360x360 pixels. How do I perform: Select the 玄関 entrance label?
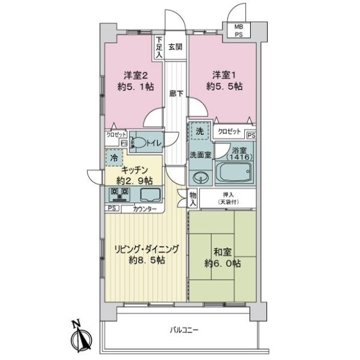point(175,48)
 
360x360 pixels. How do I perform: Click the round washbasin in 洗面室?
point(200,177)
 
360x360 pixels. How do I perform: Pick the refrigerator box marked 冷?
point(113,158)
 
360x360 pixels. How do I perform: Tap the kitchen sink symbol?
point(149,194)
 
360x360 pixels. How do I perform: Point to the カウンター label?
point(145,209)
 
